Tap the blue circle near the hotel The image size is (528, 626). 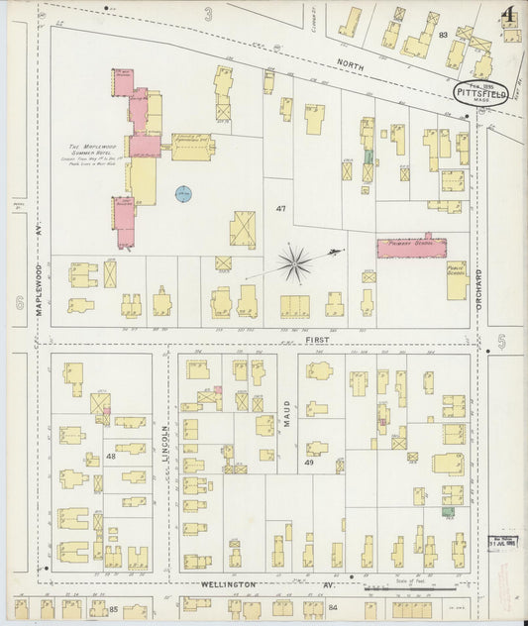pyautogui.click(x=183, y=194)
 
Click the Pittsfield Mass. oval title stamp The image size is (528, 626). pyautogui.click(x=482, y=92)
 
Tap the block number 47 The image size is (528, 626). pyautogui.click(x=280, y=209)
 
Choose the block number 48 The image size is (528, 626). pyautogui.click(x=110, y=457)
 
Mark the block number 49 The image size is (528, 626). pyautogui.click(x=309, y=463)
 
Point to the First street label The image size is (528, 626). pyautogui.click(x=317, y=339)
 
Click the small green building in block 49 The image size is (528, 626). pyautogui.click(x=448, y=511)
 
